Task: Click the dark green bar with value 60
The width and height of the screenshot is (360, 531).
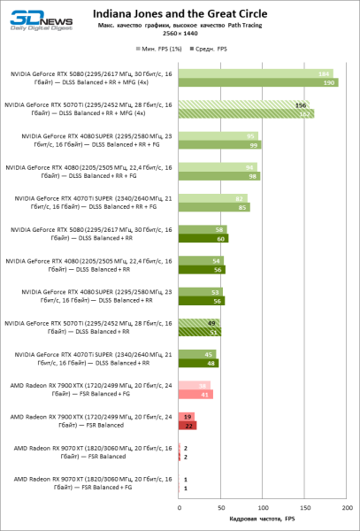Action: [x=203, y=238]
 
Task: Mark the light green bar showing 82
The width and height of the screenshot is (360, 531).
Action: [x=212, y=198]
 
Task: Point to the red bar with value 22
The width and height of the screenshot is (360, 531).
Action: [x=188, y=425]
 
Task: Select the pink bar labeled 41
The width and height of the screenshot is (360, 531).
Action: [x=195, y=394]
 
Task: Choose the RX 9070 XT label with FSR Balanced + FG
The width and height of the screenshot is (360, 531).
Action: [x=88, y=482]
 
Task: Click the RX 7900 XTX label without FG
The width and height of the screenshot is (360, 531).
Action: [x=88, y=420]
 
